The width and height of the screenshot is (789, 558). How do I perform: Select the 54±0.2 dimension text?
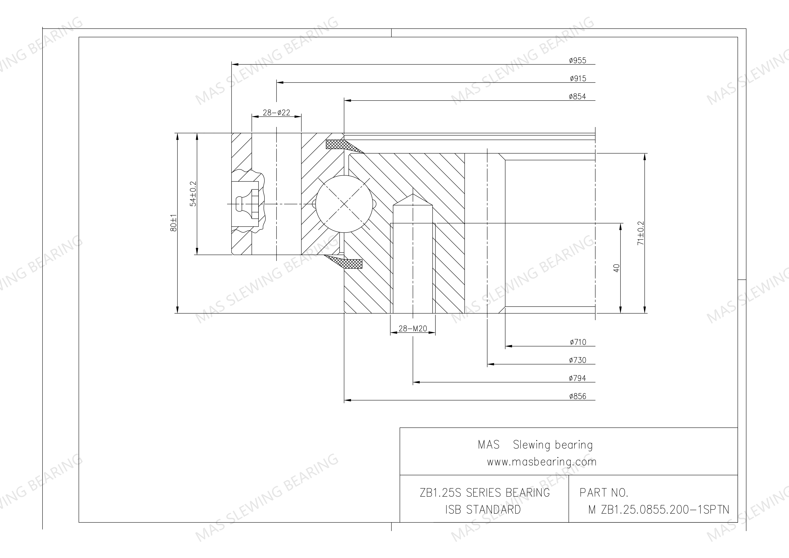coord(193,194)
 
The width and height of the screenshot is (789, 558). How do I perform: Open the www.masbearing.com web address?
coord(542,462)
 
